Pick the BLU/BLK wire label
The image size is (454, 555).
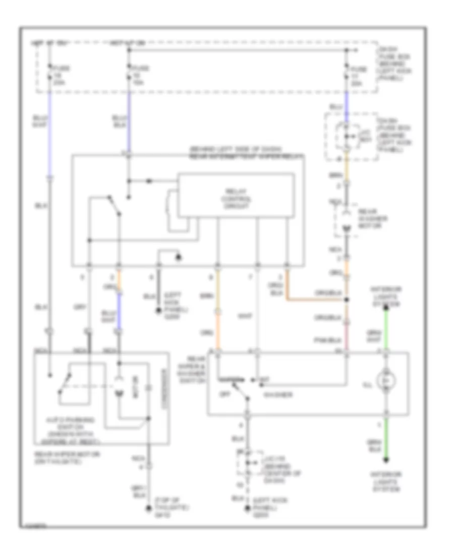[x=120, y=121]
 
